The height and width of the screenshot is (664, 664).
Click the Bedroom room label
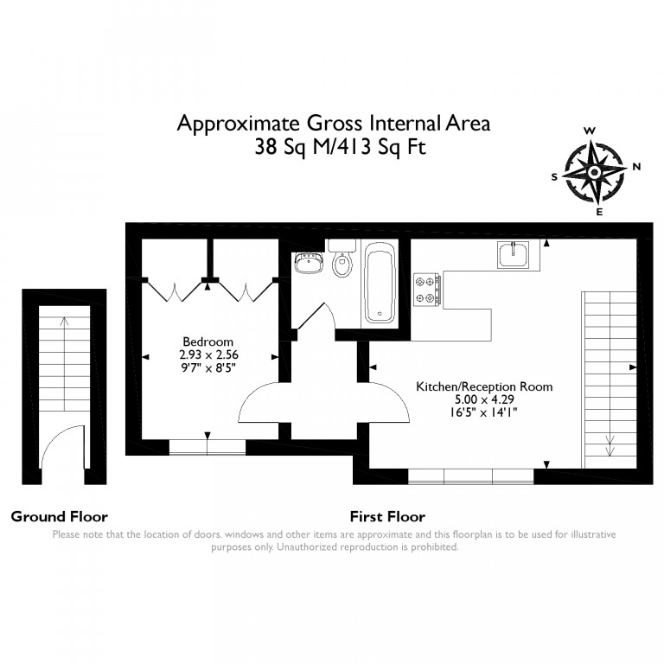point(207,342)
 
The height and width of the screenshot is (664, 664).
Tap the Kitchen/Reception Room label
point(484,386)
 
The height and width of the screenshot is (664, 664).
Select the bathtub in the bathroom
point(380,283)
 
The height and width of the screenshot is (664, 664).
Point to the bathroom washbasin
point(307,263)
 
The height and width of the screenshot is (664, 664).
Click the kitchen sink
point(514,254)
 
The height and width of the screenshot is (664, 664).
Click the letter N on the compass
point(635,167)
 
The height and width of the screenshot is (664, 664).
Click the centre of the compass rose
point(594,172)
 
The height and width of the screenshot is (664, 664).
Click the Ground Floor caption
point(60,517)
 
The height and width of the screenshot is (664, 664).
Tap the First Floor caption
point(387,517)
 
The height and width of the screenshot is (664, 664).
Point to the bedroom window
point(207,448)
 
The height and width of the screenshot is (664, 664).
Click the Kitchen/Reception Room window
point(470,476)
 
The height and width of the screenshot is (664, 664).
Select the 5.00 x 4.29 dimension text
point(484,399)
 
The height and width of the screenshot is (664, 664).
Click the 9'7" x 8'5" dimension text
point(207,367)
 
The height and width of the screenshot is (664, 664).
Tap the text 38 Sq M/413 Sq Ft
point(340,147)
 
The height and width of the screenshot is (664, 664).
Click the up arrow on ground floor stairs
point(64,364)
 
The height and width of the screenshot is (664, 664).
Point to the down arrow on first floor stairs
point(610,445)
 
